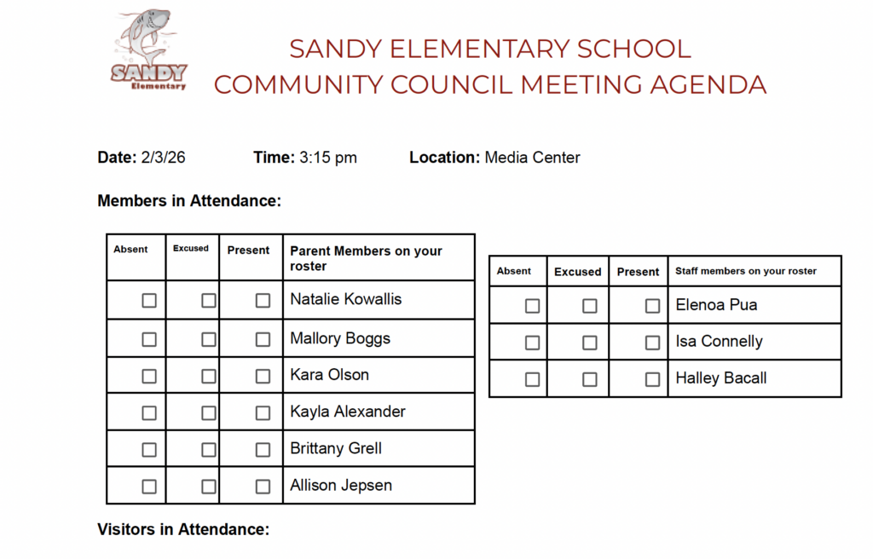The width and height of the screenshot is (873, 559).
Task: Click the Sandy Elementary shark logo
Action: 148,51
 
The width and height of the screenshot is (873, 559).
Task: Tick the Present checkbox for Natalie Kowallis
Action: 263,301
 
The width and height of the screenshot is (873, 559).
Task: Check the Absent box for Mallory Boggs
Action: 149,339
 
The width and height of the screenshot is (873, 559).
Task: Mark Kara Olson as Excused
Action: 208,376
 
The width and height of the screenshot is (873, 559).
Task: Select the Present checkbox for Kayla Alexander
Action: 263,413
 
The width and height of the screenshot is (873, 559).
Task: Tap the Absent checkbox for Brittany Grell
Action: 149,450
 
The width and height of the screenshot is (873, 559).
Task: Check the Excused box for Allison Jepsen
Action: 208,487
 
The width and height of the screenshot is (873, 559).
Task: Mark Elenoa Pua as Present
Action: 652,306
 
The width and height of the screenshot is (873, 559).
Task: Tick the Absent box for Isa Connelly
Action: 532,343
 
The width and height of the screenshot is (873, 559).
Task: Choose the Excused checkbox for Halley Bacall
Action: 589,379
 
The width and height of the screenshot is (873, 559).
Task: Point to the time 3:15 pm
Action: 328,158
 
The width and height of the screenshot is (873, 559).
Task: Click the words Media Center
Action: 532,158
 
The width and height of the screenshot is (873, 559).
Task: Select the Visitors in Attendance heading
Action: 183,529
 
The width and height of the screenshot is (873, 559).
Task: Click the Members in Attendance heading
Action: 189,201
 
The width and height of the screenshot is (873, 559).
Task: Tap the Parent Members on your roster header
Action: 366,258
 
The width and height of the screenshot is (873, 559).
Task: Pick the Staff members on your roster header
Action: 746,271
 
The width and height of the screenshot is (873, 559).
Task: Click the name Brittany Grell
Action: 336,449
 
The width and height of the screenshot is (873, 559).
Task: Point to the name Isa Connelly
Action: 719,342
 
